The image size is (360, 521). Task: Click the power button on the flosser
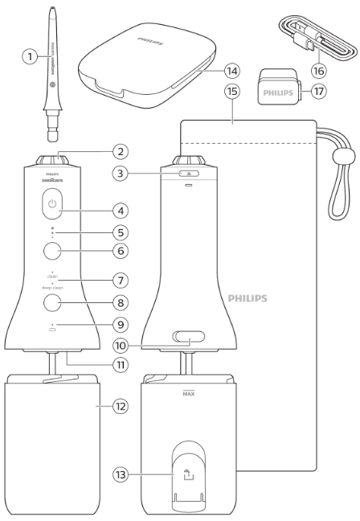click(53, 205)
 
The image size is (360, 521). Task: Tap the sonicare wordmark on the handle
click(52, 182)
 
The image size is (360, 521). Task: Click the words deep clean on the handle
click(52, 286)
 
